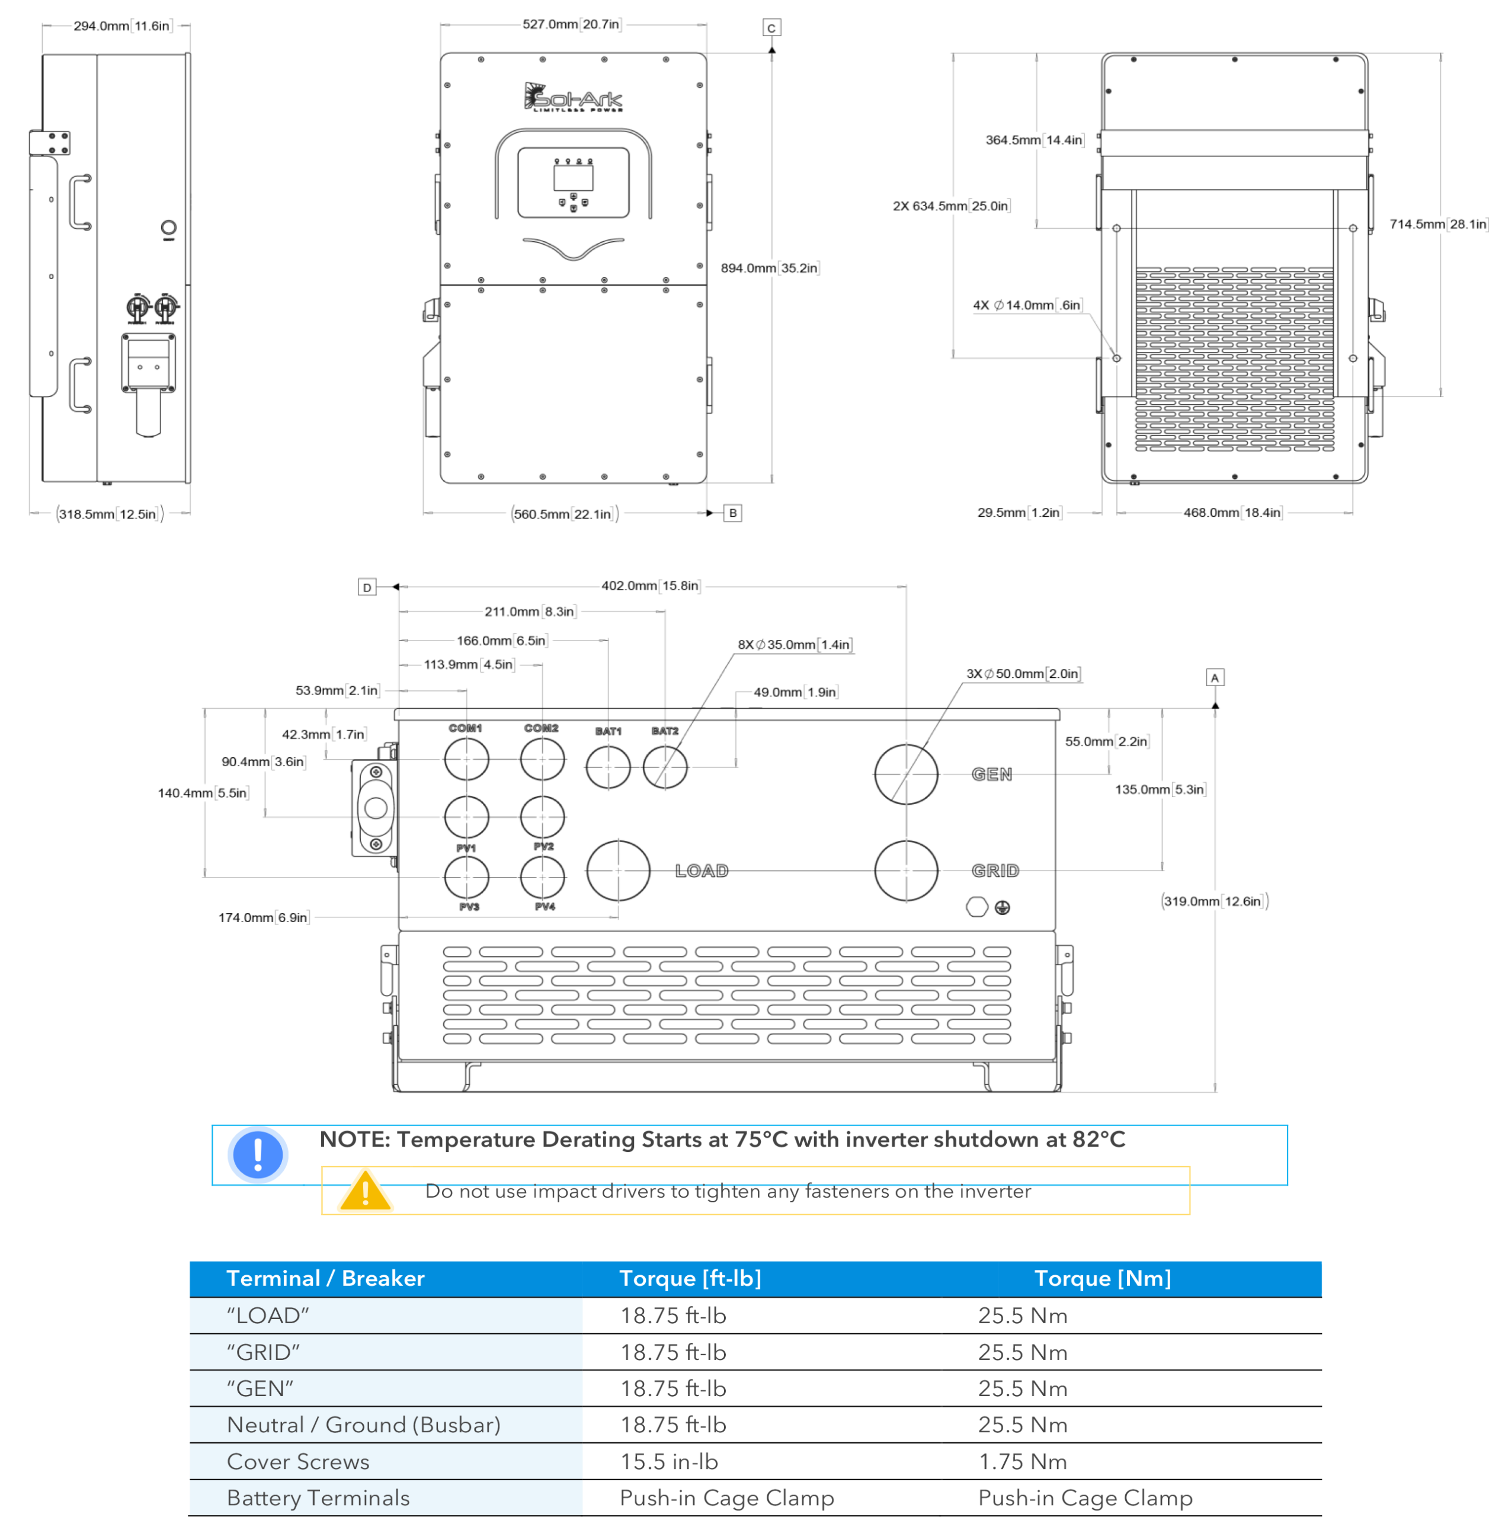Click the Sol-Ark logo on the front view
572,97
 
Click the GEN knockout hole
905,774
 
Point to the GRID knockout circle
905,870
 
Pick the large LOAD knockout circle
618,870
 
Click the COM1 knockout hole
466,758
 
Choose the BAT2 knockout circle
665,767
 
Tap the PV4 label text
545,906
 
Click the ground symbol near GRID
1002,907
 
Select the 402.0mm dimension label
650,585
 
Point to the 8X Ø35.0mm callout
794,644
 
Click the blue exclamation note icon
257,1154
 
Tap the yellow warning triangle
365,1192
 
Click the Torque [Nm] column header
1102,1278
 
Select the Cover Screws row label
298,1461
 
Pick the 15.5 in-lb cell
668,1461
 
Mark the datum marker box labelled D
367,587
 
